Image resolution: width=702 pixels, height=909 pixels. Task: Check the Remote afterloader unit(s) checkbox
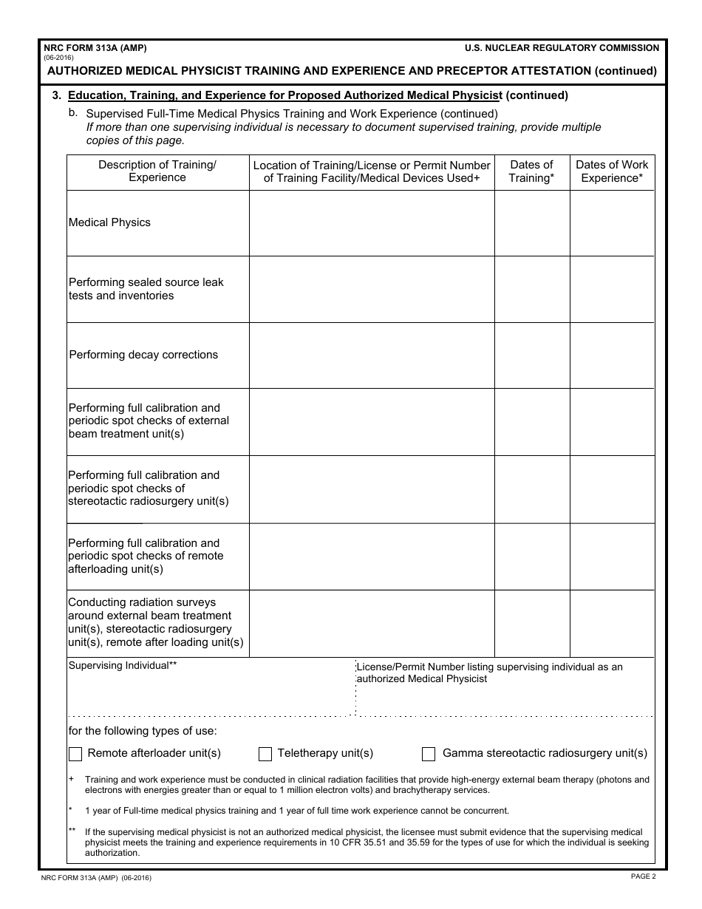[x=75, y=754]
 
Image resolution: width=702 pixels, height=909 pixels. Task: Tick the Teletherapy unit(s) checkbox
[x=265, y=754]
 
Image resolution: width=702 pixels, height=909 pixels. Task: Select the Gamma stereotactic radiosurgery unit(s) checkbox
[x=429, y=754]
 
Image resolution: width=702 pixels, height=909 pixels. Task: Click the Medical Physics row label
[x=109, y=222]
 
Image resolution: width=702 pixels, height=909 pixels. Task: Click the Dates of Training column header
[x=531, y=171]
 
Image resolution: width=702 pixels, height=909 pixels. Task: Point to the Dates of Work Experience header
[x=612, y=171]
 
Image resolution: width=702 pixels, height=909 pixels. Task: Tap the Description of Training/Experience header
[x=157, y=171]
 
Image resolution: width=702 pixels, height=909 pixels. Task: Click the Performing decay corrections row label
[x=143, y=355]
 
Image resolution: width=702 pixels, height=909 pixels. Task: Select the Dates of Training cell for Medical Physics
[x=531, y=223]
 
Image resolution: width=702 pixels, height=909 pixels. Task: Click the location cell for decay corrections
[x=372, y=355]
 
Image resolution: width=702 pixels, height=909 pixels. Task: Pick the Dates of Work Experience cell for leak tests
[x=612, y=289]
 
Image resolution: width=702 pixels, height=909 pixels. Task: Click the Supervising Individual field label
[x=123, y=665]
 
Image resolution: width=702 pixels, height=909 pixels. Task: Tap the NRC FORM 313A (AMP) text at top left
[x=95, y=48]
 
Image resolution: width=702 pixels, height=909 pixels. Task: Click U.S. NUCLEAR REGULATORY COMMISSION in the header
[x=562, y=48]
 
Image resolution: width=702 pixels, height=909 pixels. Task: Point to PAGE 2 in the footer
[x=643, y=876]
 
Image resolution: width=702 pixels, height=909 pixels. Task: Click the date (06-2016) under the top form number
[x=58, y=58]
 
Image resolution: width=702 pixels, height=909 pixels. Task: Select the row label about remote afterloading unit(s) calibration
[x=146, y=556]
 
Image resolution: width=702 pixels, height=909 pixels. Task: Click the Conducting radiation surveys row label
[x=155, y=622]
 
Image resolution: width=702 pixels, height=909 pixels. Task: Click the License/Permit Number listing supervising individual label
[x=490, y=673]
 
